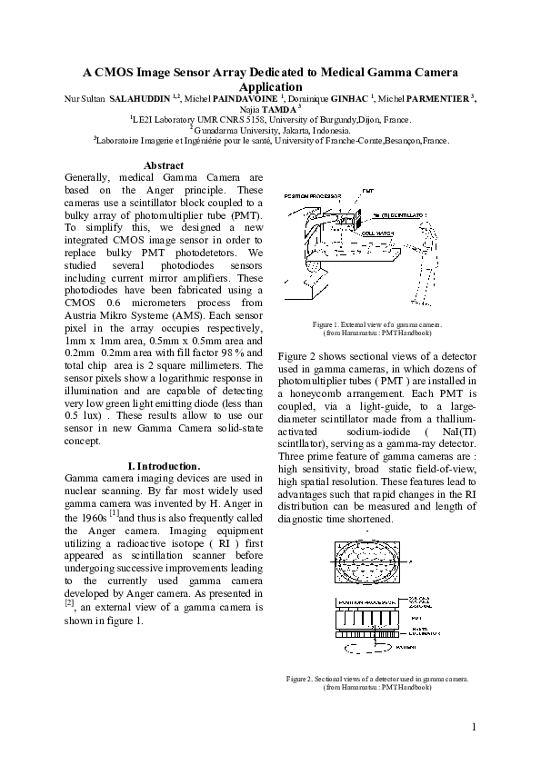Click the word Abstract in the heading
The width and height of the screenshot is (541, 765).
(x=165, y=165)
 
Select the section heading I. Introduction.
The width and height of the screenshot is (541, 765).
(x=165, y=466)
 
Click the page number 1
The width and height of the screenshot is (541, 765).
(x=475, y=727)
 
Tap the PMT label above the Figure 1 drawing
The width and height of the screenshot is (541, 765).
(x=367, y=192)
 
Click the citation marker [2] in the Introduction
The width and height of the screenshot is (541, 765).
(x=69, y=601)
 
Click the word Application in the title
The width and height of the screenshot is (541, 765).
(x=270, y=85)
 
